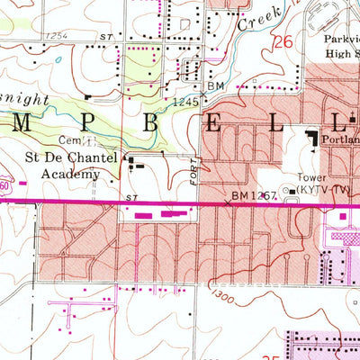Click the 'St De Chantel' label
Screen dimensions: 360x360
(58, 157)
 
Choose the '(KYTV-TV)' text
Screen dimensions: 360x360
(319, 191)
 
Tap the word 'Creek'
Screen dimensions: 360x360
(253, 22)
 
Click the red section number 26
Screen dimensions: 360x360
(284, 42)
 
